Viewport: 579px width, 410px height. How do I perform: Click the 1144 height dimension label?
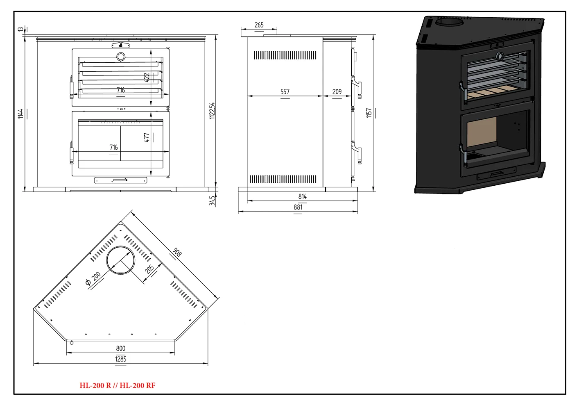click(20, 114)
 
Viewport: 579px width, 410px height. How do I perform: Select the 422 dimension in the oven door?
click(147, 77)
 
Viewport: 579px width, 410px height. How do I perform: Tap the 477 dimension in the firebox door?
click(147, 137)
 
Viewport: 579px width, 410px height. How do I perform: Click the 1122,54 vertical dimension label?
click(212, 111)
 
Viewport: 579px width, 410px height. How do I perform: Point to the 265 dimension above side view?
click(259, 25)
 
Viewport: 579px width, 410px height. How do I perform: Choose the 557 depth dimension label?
click(285, 92)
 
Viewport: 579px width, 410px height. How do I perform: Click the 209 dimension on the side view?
click(337, 92)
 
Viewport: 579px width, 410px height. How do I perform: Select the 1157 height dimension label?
click(369, 113)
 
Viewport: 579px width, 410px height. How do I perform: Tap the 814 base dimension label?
click(302, 196)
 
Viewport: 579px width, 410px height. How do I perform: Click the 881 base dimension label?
click(298, 207)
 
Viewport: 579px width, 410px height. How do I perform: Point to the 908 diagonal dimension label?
click(177, 252)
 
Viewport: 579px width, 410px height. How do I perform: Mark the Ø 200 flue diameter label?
click(93, 279)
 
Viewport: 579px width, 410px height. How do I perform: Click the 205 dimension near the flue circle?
click(149, 269)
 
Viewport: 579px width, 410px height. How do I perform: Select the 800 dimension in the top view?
click(120, 348)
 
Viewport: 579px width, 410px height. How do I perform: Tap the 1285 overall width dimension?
click(120, 359)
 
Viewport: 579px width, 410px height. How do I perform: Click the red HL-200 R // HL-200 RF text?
click(118, 385)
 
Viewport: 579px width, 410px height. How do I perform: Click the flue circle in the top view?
click(120, 260)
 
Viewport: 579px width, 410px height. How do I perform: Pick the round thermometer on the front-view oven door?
click(121, 57)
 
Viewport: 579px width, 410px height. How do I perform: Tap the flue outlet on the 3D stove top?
click(449, 22)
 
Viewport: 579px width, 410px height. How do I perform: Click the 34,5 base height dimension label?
click(212, 200)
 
